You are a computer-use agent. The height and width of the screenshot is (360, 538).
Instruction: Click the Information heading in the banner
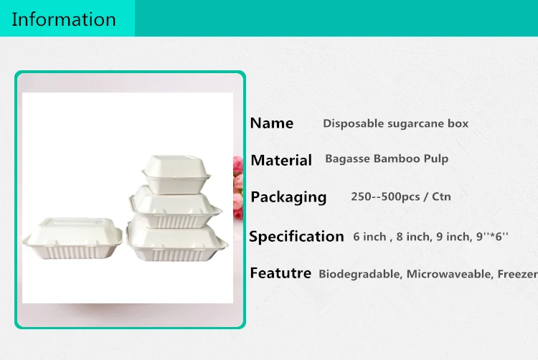64,19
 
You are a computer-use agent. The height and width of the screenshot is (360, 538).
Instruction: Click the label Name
271,123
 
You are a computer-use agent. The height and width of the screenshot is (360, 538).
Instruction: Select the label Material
281,161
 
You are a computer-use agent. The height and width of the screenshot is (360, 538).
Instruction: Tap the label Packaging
288,197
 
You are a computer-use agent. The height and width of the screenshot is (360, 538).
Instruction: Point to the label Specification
296,237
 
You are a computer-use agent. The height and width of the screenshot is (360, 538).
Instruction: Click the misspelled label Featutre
280,273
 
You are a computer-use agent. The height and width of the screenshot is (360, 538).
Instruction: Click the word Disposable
353,123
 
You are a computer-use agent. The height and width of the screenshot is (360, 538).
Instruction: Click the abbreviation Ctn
442,196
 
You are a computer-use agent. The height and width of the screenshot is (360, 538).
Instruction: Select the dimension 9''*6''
490,237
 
